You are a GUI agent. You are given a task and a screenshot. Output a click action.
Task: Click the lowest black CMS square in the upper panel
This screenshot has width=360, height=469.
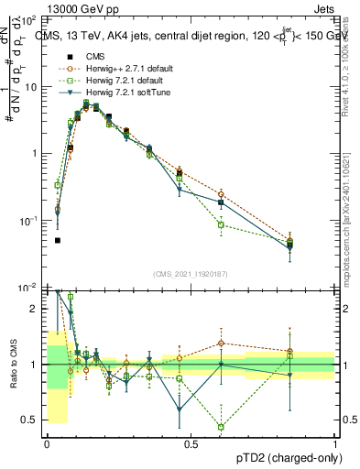click(x=58, y=240)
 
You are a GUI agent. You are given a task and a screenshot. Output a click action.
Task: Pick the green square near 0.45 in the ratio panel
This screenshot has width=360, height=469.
click(x=222, y=427)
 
